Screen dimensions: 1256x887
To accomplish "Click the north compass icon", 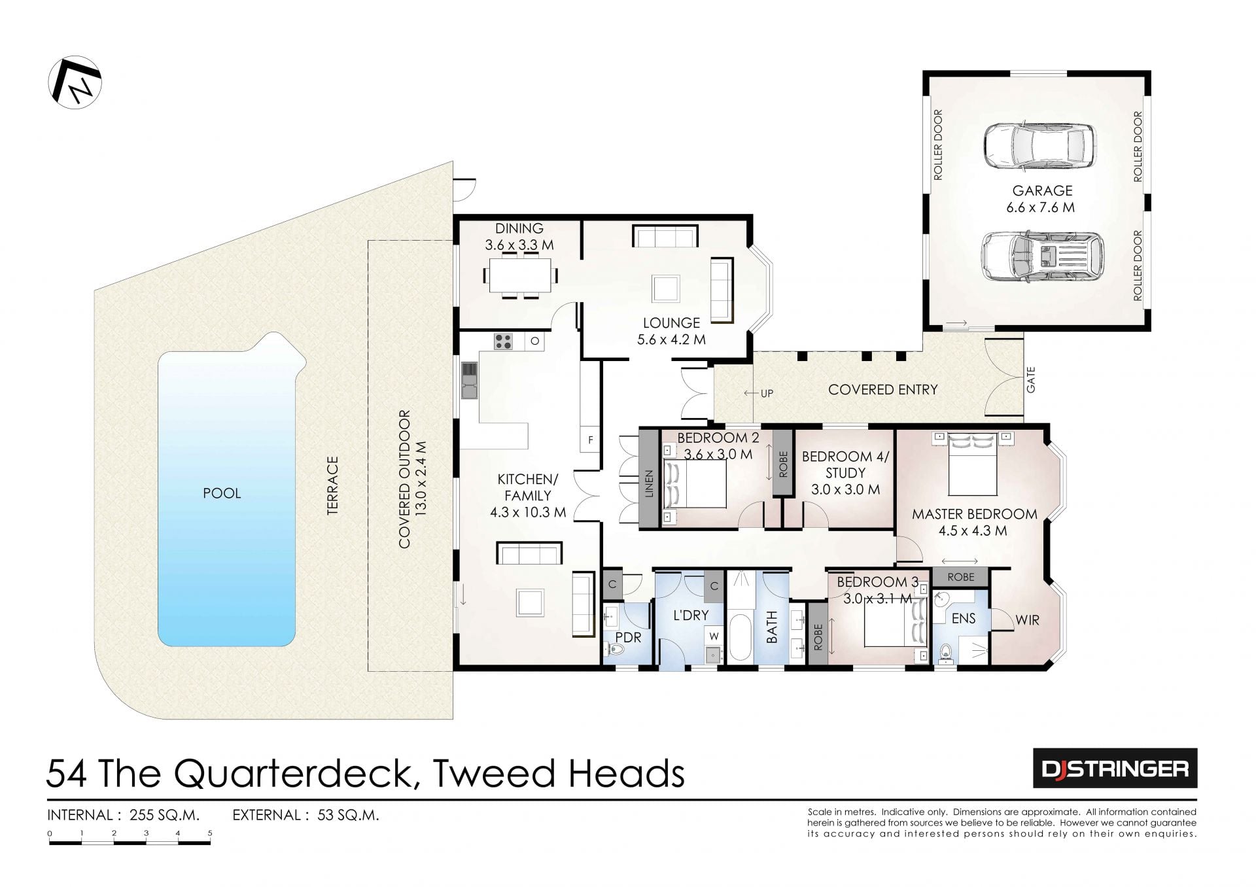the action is (75, 82).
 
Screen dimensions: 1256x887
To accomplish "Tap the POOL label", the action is (222, 493).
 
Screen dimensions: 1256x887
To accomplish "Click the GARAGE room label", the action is (1042, 191).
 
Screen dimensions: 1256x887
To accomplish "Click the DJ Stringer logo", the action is (1115, 768).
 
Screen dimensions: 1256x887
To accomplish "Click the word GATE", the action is (1031, 380).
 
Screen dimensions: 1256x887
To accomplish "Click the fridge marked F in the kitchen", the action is (590, 440).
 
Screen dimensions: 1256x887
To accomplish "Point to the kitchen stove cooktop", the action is (503, 341).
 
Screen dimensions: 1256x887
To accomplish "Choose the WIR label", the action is (1027, 620).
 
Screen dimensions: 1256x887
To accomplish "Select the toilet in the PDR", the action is (614, 649).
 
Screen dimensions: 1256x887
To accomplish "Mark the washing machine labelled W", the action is (714, 636).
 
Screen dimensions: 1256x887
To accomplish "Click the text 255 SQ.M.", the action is (165, 815).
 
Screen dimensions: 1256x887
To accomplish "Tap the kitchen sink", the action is (469, 380).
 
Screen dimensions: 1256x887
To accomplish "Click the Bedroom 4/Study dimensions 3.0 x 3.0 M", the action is (845, 489).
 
